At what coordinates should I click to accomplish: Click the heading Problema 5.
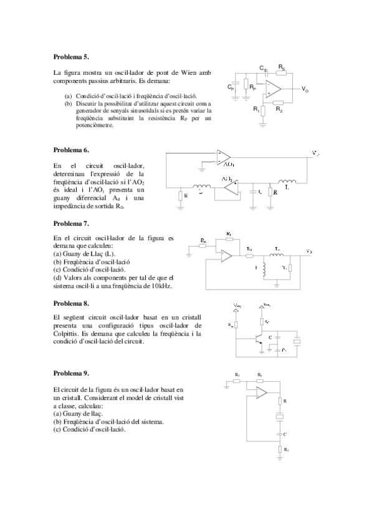tap(71, 56)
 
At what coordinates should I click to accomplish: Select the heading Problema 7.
tap(71, 223)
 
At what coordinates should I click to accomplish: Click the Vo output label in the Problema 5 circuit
tap(305, 90)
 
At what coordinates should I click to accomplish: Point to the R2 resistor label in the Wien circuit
tap(279, 110)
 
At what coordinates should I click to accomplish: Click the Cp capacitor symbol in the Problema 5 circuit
tap(236, 85)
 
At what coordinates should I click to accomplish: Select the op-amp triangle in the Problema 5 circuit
tap(274, 89)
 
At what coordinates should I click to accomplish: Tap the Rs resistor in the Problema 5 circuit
tap(282, 70)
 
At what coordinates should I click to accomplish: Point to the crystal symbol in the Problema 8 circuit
tap(298, 342)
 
